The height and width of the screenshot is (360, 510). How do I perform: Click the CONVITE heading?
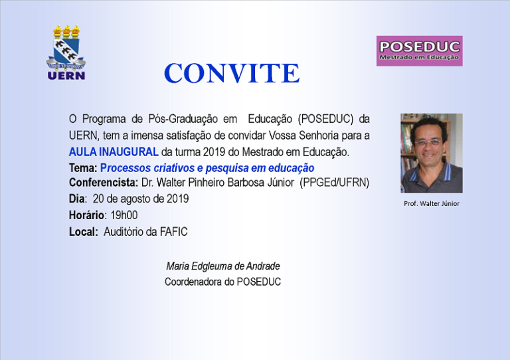click(232, 73)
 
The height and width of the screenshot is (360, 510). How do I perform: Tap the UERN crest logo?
click(66, 52)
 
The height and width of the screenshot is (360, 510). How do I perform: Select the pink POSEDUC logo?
click(419, 51)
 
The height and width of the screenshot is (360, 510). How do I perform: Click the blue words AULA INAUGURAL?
click(114, 152)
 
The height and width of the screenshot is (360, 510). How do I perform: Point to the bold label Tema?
click(83, 168)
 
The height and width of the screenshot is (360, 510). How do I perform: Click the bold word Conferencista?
click(104, 183)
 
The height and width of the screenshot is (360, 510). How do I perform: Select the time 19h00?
click(124, 215)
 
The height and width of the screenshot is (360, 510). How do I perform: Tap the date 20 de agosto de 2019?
click(141, 199)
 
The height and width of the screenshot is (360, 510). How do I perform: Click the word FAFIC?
click(173, 232)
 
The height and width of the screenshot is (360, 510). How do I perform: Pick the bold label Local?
click(83, 232)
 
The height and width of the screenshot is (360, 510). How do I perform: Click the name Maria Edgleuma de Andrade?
click(223, 266)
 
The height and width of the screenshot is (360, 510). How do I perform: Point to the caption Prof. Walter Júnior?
click(431, 203)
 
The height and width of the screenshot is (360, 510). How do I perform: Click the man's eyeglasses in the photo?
click(428, 142)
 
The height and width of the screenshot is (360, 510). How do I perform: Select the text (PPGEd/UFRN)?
click(335, 183)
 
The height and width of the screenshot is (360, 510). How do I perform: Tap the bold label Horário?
click(86, 215)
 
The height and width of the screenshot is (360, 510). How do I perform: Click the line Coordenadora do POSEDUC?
click(222, 282)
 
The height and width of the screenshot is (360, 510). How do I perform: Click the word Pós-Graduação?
click(183, 119)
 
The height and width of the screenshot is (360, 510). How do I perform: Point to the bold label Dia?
click(77, 199)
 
